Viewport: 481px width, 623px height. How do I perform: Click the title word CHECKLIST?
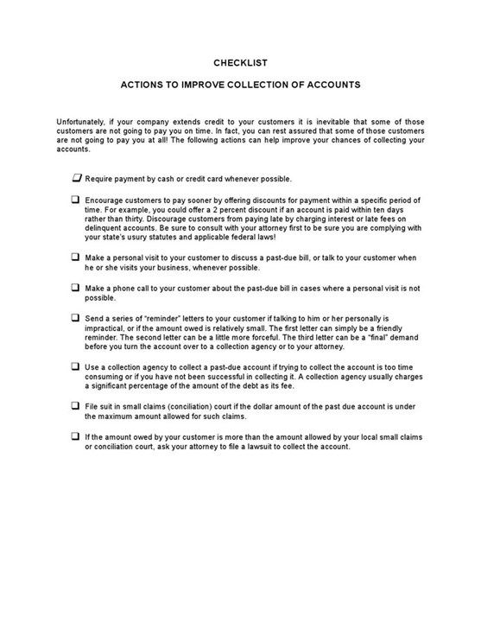click(x=240, y=62)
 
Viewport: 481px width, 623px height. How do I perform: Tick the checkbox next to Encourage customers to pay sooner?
click(x=76, y=200)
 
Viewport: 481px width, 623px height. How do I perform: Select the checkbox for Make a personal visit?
click(x=76, y=257)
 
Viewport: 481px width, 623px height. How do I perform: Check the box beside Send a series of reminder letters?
click(x=76, y=317)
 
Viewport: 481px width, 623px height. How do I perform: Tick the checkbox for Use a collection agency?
click(x=76, y=366)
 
